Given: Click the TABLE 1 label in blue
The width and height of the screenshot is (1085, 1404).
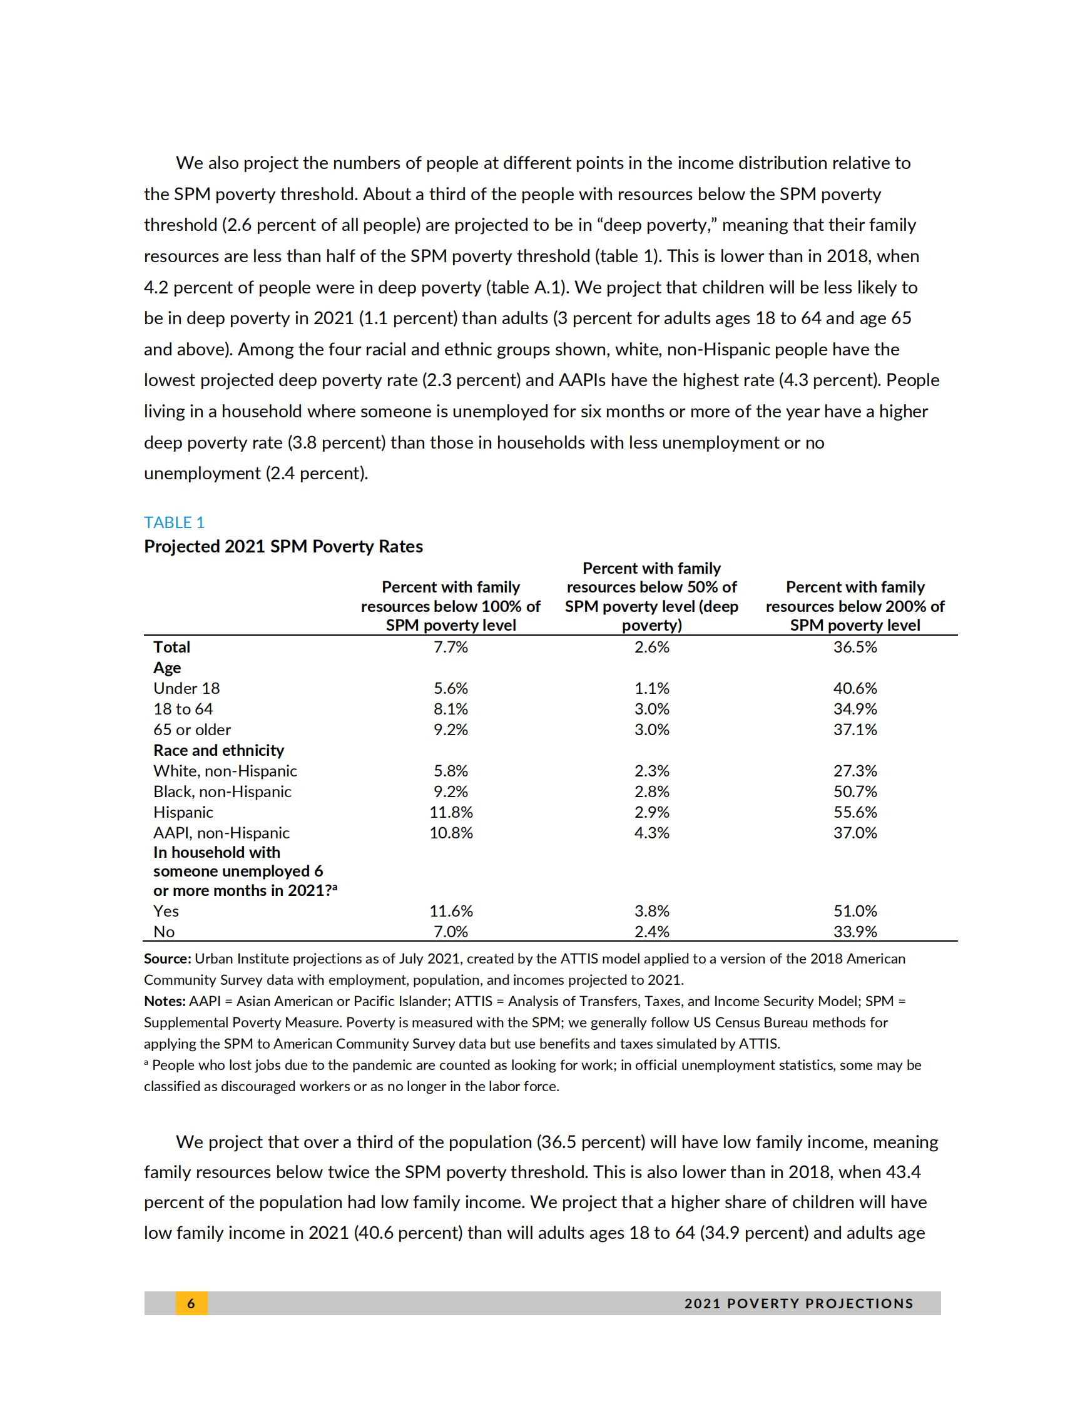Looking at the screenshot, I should click(x=173, y=522).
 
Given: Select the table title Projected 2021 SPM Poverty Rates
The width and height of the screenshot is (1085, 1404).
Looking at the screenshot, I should click(x=283, y=546).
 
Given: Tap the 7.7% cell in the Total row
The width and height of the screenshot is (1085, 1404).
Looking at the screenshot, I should click(x=451, y=647).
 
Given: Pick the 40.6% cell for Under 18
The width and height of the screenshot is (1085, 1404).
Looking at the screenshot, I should click(x=854, y=688).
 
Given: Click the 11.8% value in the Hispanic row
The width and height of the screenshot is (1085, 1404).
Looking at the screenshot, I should click(x=451, y=812).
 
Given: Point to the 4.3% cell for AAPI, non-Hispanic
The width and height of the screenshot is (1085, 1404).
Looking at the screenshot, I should click(x=651, y=833).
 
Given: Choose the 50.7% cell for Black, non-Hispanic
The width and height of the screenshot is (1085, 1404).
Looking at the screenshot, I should click(x=854, y=791).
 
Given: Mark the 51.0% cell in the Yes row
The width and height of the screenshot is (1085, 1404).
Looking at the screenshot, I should click(x=854, y=911).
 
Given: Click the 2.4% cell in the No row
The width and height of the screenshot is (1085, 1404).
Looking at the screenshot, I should click(x=651, y=932).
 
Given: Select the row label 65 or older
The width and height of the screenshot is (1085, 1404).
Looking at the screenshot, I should click(x=191, y=730).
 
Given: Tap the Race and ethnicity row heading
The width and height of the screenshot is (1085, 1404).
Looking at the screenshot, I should click(x=218, y=750).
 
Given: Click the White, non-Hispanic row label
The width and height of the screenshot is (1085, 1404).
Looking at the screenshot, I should click(x=225, y=771).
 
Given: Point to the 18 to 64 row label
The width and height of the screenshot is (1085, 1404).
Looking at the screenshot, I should click(x=183, y=709).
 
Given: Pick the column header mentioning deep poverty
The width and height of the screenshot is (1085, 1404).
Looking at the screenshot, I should click(x=651, y=596).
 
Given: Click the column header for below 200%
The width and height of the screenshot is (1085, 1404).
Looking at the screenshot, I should click(x=854, y=606).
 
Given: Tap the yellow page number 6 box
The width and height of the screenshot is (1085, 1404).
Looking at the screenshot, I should click(x=191, y=1303).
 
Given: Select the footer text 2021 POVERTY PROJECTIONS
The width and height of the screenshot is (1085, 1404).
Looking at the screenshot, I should click(x=798, y=1303).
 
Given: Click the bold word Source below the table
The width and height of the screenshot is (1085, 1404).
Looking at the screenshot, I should click(x=167, y=959).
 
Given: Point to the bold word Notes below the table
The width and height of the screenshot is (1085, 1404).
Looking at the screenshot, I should click(x=165, y=1001).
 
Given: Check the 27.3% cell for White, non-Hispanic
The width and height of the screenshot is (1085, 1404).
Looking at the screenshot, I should click(x=854, y=771).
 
